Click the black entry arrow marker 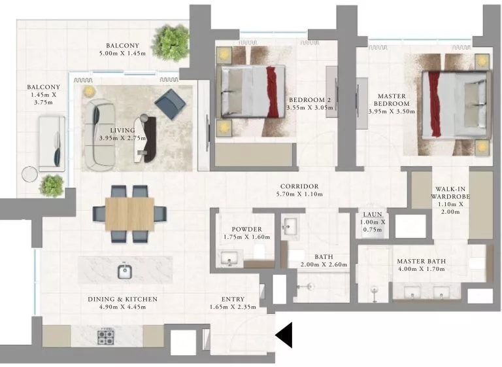[284, 336]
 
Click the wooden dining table [129, 213]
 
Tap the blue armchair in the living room [168, 103]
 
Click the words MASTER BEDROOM [392, 100]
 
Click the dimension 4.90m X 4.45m [123, 308]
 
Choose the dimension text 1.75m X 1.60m [246, 237]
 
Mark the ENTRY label [233, 300]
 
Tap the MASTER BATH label [421, 262]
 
